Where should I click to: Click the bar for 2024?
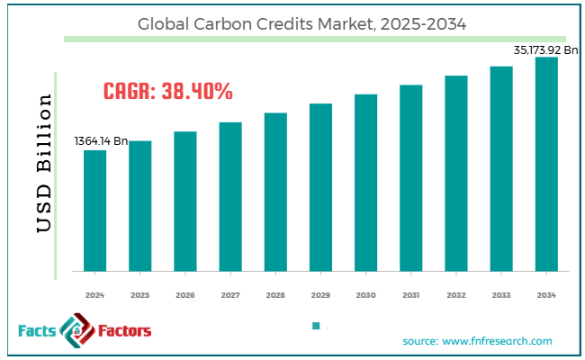click(94, 210)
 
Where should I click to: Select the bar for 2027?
click(230, 196)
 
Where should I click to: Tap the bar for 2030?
click(365, 182)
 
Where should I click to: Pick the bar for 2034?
click(546, 164)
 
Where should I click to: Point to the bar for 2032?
click(456, 173)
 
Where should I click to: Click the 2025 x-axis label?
click(139, 294)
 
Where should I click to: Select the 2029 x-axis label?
click(320, 294)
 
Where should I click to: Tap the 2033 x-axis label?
click(501, 294)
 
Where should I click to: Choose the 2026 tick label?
click(184, 294)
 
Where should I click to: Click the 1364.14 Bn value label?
click(101, 141)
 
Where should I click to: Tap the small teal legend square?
click(316, 326)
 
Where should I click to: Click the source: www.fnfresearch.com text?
click(477, 341)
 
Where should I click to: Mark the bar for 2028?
click(275, 192)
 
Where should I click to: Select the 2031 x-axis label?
click(411, 294)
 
